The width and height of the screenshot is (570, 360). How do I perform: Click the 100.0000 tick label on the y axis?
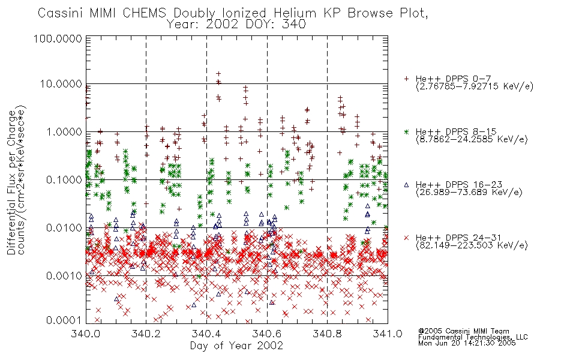(x=58, y=38)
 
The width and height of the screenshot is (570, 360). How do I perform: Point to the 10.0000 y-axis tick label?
(x=61, y=84)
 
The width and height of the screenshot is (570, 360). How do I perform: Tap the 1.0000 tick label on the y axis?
(x=64, y=131)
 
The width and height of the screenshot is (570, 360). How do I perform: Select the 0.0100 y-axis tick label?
(x=64, y=228)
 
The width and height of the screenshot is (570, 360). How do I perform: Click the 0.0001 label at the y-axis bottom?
(x=64, y=320)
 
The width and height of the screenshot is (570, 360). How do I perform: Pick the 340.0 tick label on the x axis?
(x=86, y=334)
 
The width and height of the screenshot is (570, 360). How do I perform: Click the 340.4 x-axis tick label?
(x=206, y=334)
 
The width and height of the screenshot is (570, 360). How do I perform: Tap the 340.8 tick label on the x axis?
(x=327, y=334)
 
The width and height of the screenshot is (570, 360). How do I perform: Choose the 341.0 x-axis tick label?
(x=388, y=334)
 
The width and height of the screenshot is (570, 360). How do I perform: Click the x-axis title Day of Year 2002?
(x=236, y=346)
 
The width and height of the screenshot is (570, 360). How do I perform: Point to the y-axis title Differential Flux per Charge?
(x=11, y=182)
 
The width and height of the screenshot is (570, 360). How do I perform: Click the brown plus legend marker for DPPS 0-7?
(x=406, y=79)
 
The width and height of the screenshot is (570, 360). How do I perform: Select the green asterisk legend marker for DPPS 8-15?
(x=406, y=131)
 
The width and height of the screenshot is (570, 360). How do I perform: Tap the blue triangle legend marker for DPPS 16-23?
(x=406, y=185)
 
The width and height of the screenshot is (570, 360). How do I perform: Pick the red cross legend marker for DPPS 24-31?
(x=406, y=238)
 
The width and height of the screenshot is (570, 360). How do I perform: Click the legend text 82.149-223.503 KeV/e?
(x=472, y=245)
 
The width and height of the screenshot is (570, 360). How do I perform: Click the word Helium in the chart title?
(x=295, y=13)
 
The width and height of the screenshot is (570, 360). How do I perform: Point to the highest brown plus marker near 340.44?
(x=218, y=74)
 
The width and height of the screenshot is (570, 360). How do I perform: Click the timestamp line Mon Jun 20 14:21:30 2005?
(x=467, y=343)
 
